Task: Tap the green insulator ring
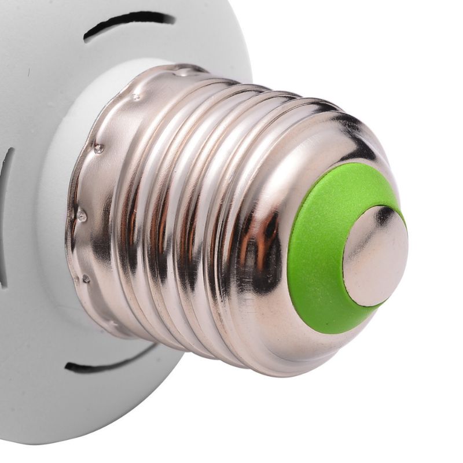point(315,255)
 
